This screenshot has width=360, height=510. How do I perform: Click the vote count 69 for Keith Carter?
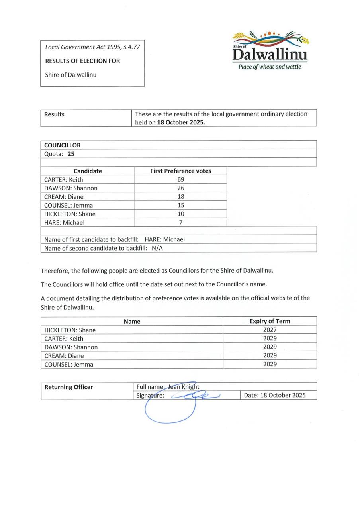181,179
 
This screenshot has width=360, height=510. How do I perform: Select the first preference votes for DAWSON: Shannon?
181,188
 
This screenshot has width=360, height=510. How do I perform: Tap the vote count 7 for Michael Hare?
181,222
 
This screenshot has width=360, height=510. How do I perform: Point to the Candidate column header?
88,171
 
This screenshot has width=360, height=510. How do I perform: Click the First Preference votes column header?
181,171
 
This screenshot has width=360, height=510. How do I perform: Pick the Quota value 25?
71,153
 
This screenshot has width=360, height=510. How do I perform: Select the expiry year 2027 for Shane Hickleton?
270,330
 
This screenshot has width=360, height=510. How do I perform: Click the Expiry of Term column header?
270,321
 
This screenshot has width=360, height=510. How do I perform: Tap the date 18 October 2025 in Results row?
181,122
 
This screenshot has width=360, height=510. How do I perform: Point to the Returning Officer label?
68,387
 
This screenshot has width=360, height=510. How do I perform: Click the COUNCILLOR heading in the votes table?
63,145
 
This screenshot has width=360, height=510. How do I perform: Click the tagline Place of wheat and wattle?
270,67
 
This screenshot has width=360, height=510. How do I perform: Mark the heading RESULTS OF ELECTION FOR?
82,61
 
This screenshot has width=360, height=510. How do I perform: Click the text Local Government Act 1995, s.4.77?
92,47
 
